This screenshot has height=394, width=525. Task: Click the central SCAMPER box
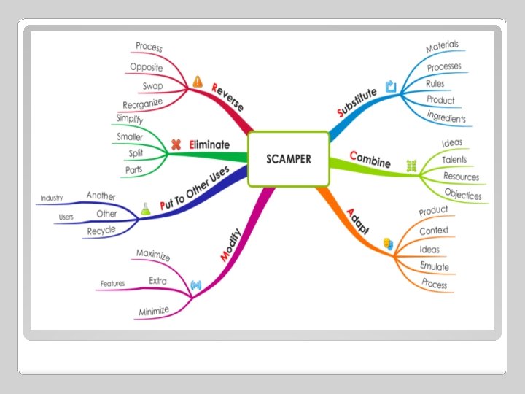pos(289,158)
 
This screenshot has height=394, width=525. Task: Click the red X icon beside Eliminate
pos(176,144)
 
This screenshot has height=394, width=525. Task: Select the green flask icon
pos(146,208)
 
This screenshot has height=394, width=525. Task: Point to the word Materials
pos(442,47)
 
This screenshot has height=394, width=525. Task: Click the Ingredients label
pos(446,116)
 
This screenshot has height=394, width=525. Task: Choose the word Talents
pos(454,160)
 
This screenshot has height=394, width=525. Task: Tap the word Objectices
pos(463,194)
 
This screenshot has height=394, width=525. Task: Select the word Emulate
pos(435,266)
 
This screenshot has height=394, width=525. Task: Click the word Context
pos(434,231)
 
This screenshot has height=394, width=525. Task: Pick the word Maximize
pos(153,255)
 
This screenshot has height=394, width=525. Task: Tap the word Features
pos(112,283)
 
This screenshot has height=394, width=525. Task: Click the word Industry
pos(52,198)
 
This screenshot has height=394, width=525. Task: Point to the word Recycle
pos(102,231)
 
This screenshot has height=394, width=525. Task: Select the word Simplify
pos(130,118)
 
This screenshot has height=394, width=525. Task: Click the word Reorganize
pos(142,104)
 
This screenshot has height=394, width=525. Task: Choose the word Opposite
pos(147,66)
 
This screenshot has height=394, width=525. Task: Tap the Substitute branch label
pos(357,102)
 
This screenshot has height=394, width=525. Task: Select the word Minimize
pos(154,312)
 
